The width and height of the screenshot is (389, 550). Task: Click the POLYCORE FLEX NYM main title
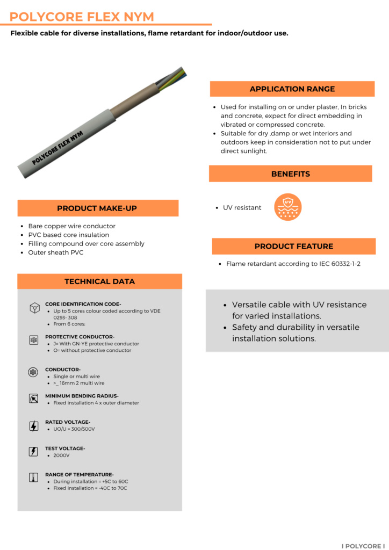click(82, 17)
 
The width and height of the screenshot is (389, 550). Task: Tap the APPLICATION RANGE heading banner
click(292, 89)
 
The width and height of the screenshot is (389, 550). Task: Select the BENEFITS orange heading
click(290, 174)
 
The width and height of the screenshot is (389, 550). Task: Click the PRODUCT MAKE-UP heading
click(98, 208)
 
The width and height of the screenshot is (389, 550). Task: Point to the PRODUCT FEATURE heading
click(293, 247)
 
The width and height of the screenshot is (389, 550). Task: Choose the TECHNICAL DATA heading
click(99, 281)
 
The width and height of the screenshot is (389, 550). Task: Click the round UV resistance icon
click(287, 207)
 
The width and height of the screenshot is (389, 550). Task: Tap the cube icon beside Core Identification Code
click(34, 307)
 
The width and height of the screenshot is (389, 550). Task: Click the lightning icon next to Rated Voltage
click(34, 426)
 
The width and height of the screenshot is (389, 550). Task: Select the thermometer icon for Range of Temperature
click(34, 477)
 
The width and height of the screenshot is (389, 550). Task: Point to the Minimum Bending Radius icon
click(34, 399)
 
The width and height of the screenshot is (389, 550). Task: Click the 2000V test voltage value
click(61, 455)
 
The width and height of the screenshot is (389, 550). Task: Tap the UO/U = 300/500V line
click(74, 429)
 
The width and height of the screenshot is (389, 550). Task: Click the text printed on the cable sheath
click(57, 147)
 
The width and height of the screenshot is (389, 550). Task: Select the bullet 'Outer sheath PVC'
click(56, 252)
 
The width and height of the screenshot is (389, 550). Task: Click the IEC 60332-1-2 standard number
click(336, 264)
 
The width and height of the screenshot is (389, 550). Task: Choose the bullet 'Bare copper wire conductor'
click(71, 226)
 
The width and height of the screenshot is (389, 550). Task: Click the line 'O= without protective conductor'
click(92, 350)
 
